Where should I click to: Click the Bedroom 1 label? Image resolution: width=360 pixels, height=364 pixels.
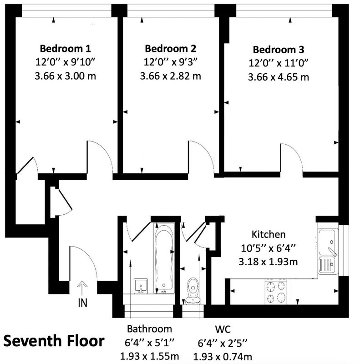[x=65, y=49]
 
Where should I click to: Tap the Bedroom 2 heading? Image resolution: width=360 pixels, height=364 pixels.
[x=171, y=49]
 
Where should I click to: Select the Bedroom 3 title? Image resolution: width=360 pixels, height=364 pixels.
[x=279, y=50]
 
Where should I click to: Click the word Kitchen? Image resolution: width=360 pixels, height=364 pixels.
[x=269, y=234]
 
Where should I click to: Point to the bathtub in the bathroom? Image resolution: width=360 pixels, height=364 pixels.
[x=164, y=257]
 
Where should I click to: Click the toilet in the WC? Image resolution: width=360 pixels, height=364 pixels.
[x=193, y=290]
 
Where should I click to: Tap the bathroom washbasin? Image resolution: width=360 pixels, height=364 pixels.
[x=141, y=286]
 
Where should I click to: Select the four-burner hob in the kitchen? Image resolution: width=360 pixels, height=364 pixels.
[x=276, y=292]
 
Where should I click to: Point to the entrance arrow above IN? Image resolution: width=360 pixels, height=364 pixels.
[x=82, y=288]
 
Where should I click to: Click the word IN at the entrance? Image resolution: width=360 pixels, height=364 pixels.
[x=83, y=303]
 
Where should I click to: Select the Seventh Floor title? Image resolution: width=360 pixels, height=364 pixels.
[x=54, y=341]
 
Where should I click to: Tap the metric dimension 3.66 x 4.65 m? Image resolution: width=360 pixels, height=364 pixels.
[x=279, y=77]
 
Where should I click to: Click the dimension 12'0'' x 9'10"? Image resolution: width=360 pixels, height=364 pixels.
[x=65, y=62]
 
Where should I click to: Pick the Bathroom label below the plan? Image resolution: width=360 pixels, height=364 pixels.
[x=149, y=329]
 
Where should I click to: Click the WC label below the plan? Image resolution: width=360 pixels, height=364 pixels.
[x=223, y=329]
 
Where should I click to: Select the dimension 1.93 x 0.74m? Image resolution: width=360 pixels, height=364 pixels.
[x=223, y=356]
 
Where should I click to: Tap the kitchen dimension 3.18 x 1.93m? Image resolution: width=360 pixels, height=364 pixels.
[x=268, y=262]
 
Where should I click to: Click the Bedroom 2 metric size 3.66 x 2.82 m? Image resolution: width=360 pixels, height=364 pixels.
[x=171, y=76]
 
